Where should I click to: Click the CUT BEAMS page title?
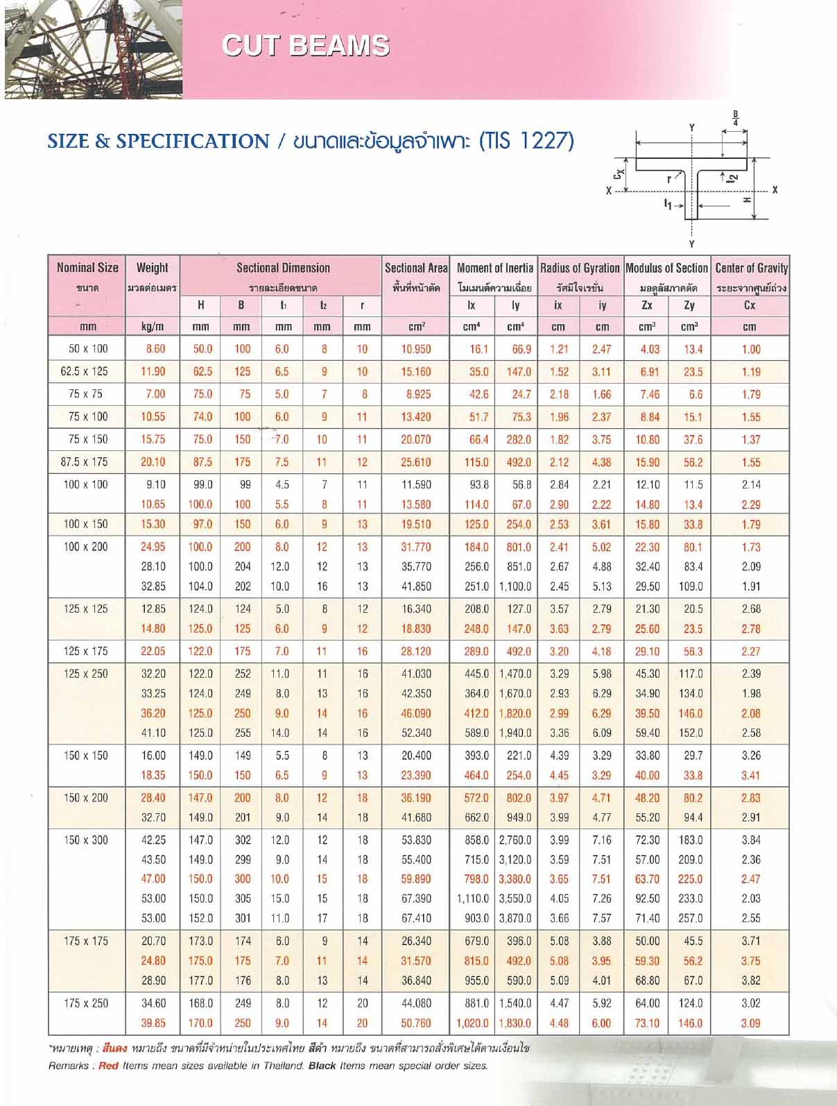pos(306,46)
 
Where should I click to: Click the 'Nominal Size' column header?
pos(87,268)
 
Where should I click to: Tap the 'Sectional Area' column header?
pos(416,268)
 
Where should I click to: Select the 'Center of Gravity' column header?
pos(751,268)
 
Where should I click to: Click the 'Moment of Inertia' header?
pos(494,268)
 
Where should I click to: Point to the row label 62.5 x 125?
pos(85,371)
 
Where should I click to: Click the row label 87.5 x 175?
pos(85,461)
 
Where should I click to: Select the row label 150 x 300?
pos(86,840)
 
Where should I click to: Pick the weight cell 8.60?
pos(155,349)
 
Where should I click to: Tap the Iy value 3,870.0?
pos(515,918)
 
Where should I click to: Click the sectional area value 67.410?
pos(416,918)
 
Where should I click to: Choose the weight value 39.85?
pos(153,1023)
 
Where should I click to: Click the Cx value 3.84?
pos(751,840)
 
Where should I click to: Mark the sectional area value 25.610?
pos(416,462)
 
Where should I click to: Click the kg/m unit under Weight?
pos(153,326)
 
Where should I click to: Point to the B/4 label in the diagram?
pos(736,118)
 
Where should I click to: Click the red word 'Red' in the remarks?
pos(109,1066)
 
